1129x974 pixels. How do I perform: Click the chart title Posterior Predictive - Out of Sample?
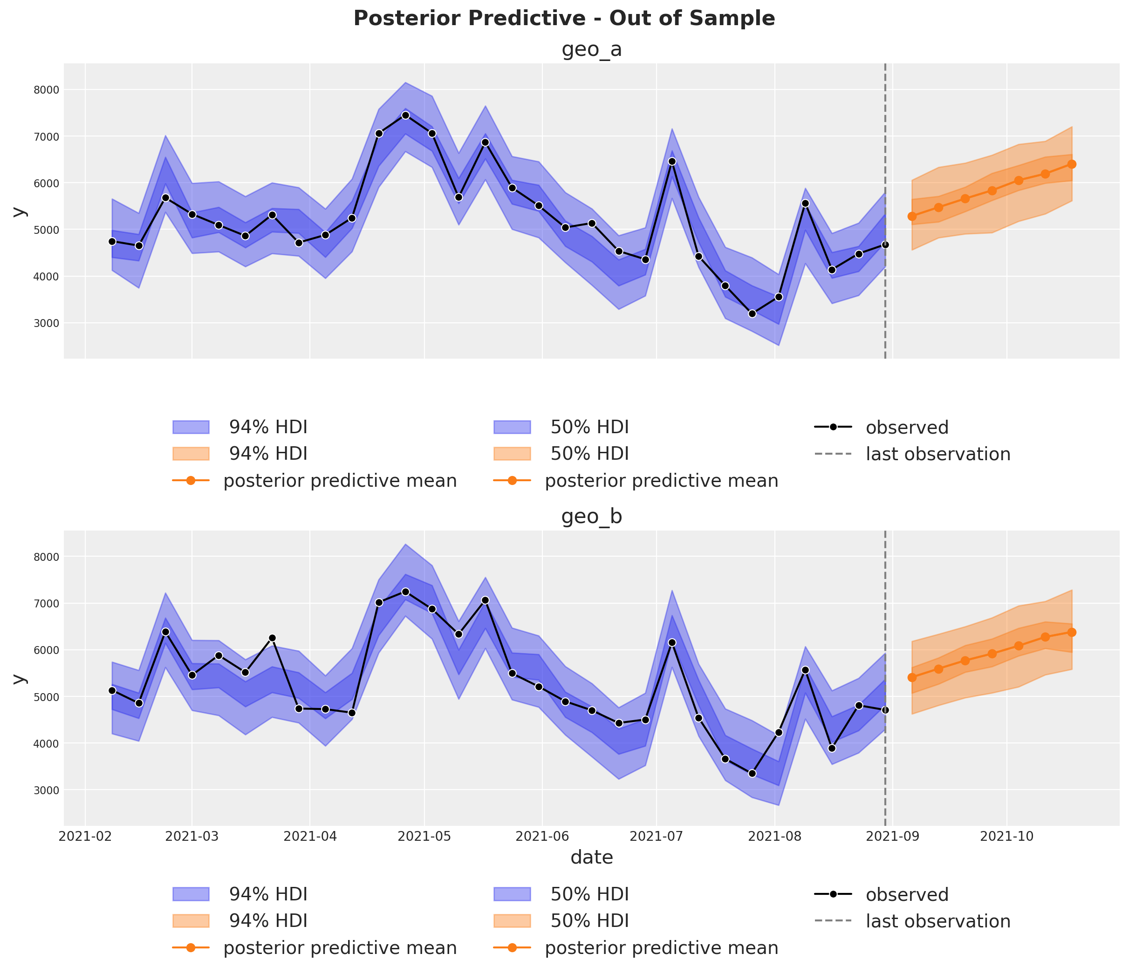pyautogui.click(x=564, y=19)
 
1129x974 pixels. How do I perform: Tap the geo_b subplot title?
pyautogui.click(x=592, y=517)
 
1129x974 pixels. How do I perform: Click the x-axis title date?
pyautogui.click(x=592, y=858)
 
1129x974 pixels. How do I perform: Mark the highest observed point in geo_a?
pyautogui.click(x=405, y=115)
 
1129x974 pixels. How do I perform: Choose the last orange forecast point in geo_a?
pyautogui.click(x=1072, y=164)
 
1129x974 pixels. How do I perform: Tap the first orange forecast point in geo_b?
pyautogui.click(x=911, y=677)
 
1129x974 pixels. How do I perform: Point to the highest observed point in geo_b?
pyautogui.click(x=405, y=592)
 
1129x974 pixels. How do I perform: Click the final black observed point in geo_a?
pyautogui.click(x=885, y=245)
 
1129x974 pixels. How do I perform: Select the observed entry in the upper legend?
pyautogui.click(x=907, y=428)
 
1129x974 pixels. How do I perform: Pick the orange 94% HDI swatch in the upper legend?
pyautogui.click(x=191, y=454)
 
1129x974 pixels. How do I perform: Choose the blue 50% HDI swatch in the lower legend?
pyautogui.click(x=512, y=894)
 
